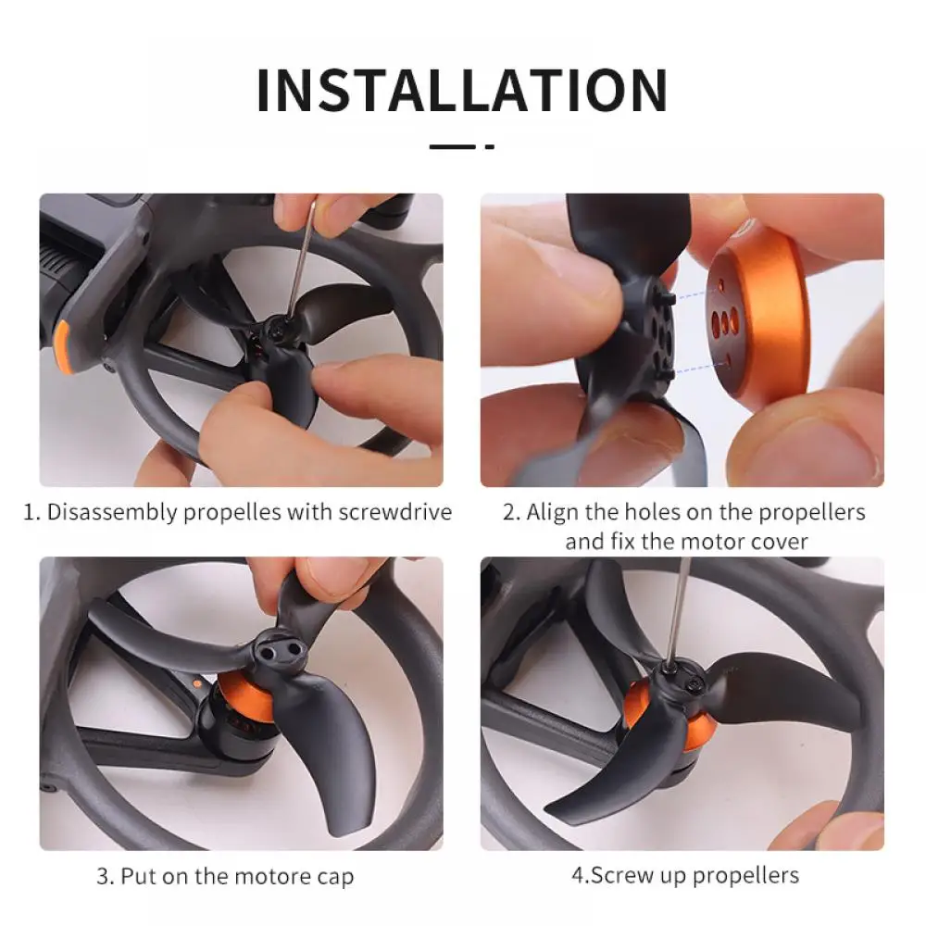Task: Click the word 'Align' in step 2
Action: pyautogui.click(x=553, y=512)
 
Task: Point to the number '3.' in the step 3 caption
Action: pyautogui.click(x=106, y=876)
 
